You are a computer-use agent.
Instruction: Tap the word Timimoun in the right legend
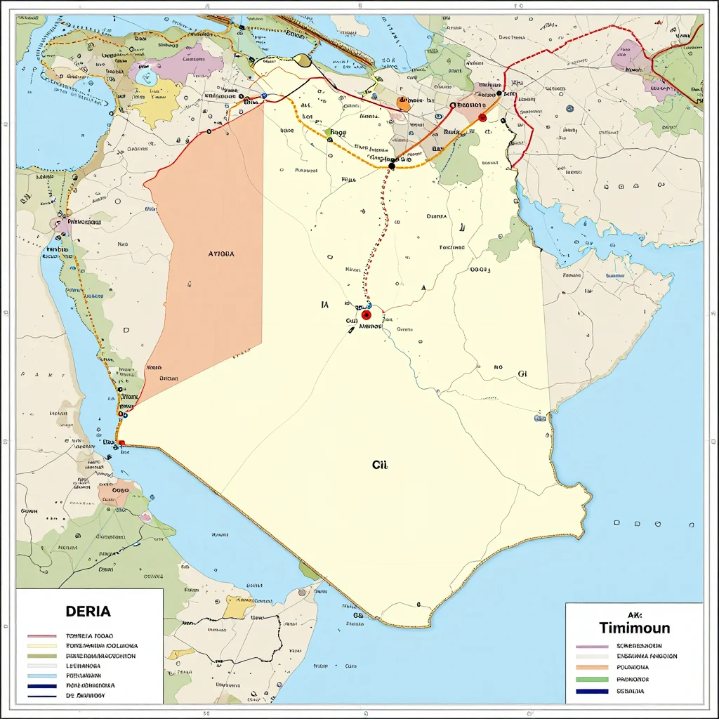coord(634,628)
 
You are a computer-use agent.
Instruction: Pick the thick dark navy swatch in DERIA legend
coord(41,685)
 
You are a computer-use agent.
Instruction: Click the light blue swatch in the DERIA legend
coord(41,675)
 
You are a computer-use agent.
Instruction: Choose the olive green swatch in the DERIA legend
coord(41,655)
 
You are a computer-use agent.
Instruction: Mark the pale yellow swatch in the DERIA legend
coord(41,645)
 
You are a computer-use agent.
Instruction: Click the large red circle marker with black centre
coord(366,315)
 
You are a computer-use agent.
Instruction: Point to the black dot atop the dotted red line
coord(392,166)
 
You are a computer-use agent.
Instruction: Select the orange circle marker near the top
coord(404,105)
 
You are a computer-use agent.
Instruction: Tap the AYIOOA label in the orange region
coord(222,254)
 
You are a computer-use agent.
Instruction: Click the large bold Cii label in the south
coord(379,465)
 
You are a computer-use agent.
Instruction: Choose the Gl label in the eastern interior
coord(522,374)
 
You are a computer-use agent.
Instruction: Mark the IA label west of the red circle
coord(324,305)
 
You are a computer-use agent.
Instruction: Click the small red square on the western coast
coord(122,443)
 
